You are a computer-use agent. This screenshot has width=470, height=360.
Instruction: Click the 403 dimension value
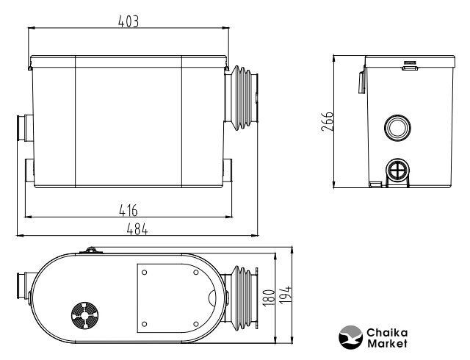pyautogui.click(x=129, y=21)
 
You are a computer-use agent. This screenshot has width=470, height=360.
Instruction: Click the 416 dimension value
pyautogui.click(x=129, y=210)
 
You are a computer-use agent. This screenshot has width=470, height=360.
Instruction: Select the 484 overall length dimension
pyautogui.click(x=137, y=229)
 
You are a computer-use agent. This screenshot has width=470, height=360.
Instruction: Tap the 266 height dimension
pyautogui.click(x=327, y=121)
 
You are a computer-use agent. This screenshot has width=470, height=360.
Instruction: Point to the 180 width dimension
pyautogui.click(x=269, y=298)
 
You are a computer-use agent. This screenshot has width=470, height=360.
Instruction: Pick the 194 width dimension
pyautogui.click(x=285, y=295)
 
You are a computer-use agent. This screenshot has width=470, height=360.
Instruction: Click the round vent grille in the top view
pyautogui.click(x=85, y=315)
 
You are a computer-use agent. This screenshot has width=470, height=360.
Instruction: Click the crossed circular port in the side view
pyautogui.click(x=398, y=172)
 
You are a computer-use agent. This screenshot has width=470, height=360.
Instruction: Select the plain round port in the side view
pyautogui.click(x=397, y=128)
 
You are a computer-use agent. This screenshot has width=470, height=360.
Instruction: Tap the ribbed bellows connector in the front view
pyautogui.click(x=242, y=98)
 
